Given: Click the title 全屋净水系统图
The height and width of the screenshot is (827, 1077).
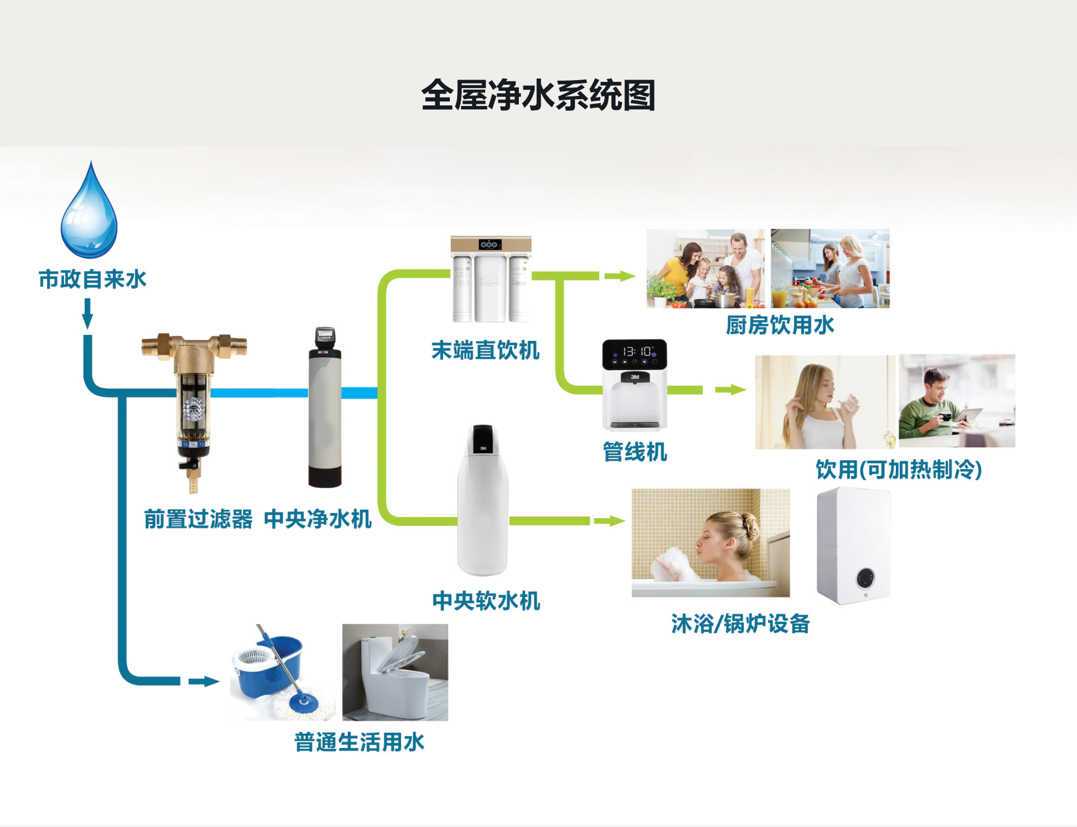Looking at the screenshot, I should (x=538, y=95).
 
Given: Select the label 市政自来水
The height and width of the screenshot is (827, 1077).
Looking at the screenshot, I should (x=93, y=279).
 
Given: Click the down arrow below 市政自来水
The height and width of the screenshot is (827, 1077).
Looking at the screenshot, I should (x=88, y=313).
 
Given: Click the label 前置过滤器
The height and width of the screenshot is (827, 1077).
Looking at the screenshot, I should (x=198, y=519).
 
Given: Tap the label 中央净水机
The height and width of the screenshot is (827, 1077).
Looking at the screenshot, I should (x=317, y=519).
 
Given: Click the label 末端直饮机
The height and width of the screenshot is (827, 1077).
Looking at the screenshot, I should (x=485, y=350).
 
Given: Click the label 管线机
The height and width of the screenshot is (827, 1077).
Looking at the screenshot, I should (x=634, y=452).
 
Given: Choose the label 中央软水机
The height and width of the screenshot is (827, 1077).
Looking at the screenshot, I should (x=486, y=601).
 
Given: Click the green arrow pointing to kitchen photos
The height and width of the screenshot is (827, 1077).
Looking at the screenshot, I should (x=620, y=276).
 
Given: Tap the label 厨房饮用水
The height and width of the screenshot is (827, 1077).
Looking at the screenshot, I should (x=780, y=325).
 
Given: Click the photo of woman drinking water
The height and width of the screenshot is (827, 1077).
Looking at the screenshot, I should (x=825, y=401).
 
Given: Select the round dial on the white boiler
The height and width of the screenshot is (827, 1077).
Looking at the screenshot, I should (x=866, y=577).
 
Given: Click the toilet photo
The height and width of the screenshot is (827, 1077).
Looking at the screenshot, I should (x=395, y=672).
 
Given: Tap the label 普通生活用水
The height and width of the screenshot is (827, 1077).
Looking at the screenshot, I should (x=359, y=742).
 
